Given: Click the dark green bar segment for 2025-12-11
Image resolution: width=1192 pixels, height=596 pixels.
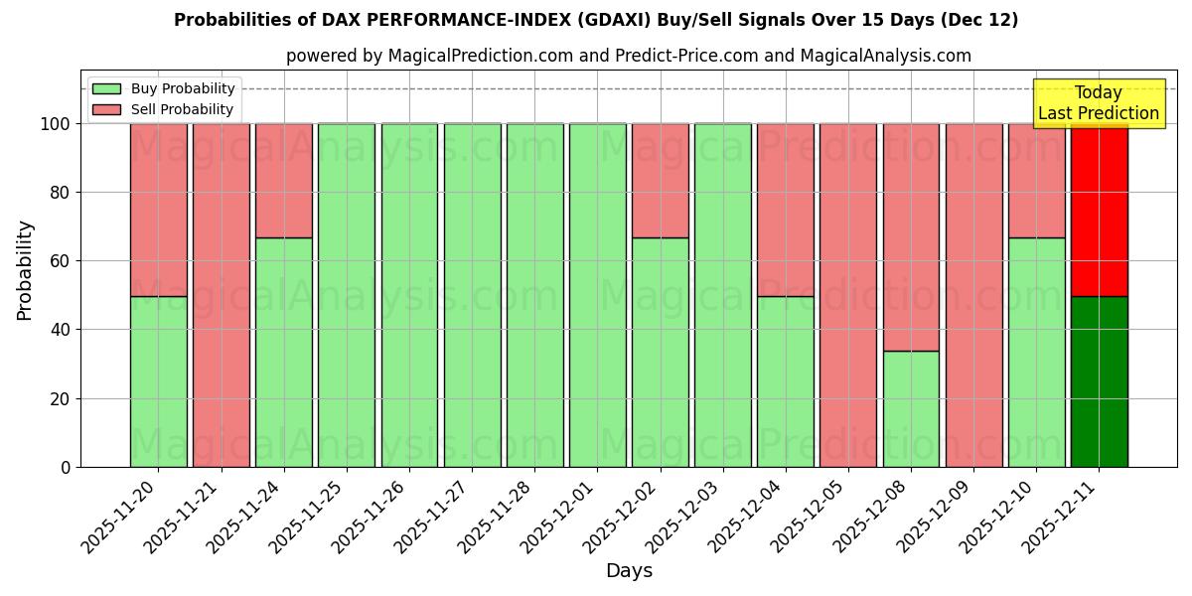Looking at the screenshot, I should (1099, 381).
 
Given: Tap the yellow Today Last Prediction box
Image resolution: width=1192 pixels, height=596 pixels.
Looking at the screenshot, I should (1098, 103).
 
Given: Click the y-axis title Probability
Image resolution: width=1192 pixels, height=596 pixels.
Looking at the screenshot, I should (25, 269).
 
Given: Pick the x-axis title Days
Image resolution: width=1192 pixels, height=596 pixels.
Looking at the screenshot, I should (629, 571).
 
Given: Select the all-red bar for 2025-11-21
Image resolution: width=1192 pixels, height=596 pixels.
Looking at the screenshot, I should (221, 295).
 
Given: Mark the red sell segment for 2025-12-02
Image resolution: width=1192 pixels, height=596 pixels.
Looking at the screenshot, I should (660, 180).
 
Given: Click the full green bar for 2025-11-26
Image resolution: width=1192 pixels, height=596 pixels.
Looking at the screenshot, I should (409, 295).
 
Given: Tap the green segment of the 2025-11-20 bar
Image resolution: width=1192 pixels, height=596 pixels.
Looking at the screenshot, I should (158, 381).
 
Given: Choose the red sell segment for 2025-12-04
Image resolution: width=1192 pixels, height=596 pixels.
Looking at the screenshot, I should (785, 210).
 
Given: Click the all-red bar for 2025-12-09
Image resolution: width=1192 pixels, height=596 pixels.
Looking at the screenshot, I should (973, 295).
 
